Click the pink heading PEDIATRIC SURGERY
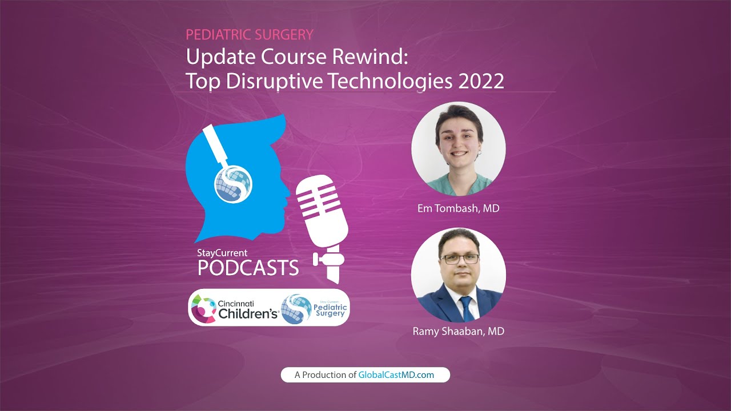coord(250,35)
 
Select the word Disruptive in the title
coord(275,82)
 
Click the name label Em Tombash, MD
coord(458,208)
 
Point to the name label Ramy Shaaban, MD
coord(458,331)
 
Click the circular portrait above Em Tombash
coord(458,149)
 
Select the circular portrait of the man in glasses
coord(458,275)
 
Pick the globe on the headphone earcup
coord(233,184)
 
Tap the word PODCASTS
coord(248,268)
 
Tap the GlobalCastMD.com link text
coord(396,375)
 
